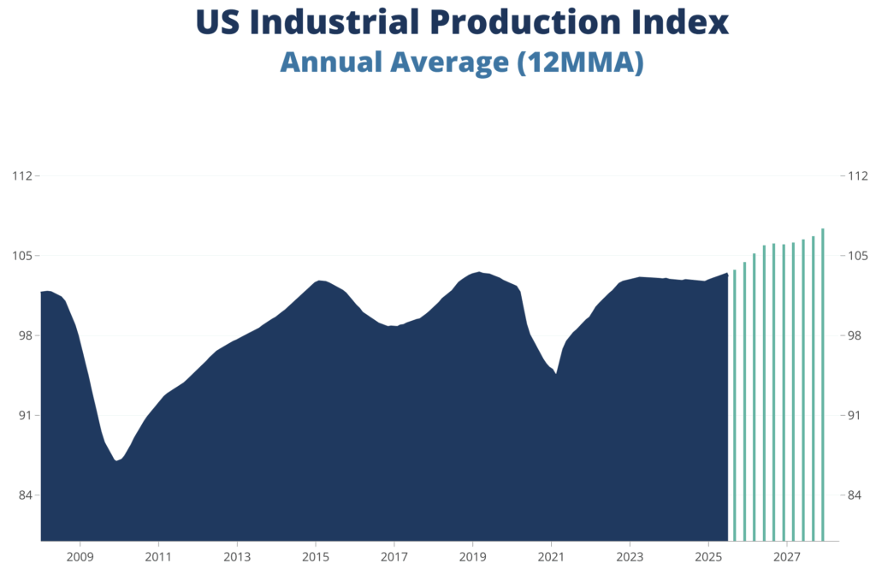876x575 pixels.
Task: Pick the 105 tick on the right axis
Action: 855,256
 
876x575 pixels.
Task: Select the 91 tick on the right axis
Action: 852,416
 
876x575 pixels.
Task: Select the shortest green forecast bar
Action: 735,405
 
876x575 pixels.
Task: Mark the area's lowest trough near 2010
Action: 117,461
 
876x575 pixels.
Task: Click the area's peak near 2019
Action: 479,272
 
